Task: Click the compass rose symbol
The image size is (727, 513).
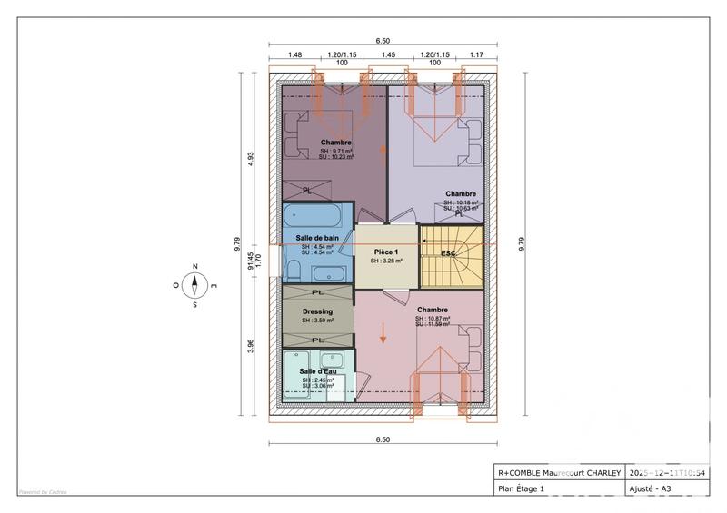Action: coord(194,285)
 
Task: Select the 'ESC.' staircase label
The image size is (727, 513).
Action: coord(448,252)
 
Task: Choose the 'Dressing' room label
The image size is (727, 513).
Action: coord(317,311)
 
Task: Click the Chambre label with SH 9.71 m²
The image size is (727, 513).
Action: coord(335,143)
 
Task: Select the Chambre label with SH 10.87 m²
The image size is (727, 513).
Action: coord(432,311)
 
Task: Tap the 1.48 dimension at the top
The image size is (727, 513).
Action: coord(294,54)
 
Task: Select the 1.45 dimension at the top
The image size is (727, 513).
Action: coord(388,54)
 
